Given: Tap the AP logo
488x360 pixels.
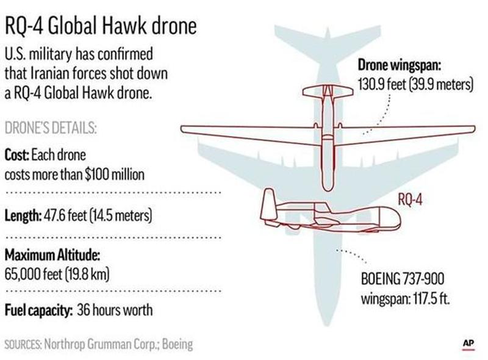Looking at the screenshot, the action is pos(468,344).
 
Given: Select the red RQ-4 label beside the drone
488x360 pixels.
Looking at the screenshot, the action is pos(410,200).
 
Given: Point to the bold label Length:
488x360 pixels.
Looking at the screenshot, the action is pos(23,215).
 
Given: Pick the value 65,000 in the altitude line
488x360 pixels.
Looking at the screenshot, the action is pos(23,274).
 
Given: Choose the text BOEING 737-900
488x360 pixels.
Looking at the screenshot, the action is pos(403,279).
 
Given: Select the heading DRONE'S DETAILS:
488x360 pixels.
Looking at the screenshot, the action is pos(51,128).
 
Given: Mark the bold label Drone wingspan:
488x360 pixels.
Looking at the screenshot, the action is pos(400,65).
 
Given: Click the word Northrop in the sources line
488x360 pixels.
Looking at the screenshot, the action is pos(65,344).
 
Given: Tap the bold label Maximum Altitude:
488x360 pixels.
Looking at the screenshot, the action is pos(52,256).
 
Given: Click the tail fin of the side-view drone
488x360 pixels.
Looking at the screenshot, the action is pos(268,204).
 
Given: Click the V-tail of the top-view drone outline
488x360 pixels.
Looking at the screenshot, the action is pos(328,92).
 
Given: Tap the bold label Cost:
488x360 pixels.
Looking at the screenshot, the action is pos(17,155).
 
